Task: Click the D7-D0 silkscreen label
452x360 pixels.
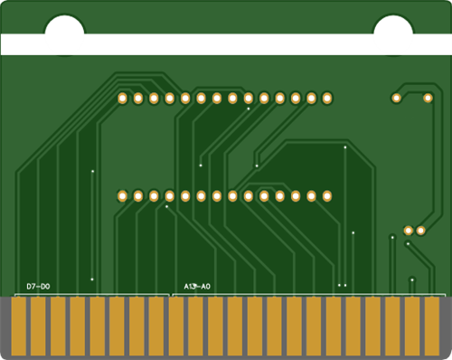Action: (38, 287)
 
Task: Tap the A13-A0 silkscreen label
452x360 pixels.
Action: (197, 287)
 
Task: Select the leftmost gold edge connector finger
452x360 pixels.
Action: (19, 327)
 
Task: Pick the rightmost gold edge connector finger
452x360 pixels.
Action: (432, 327)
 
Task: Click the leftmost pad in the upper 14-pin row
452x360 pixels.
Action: (122, 99)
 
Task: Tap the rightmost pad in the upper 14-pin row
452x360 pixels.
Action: (327, 99)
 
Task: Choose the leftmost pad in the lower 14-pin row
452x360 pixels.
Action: (122, 196)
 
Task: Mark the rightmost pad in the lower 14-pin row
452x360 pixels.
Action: (327, 196)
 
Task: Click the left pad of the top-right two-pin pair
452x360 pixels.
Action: (396, 98)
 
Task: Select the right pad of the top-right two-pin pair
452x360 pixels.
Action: (428, 98)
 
